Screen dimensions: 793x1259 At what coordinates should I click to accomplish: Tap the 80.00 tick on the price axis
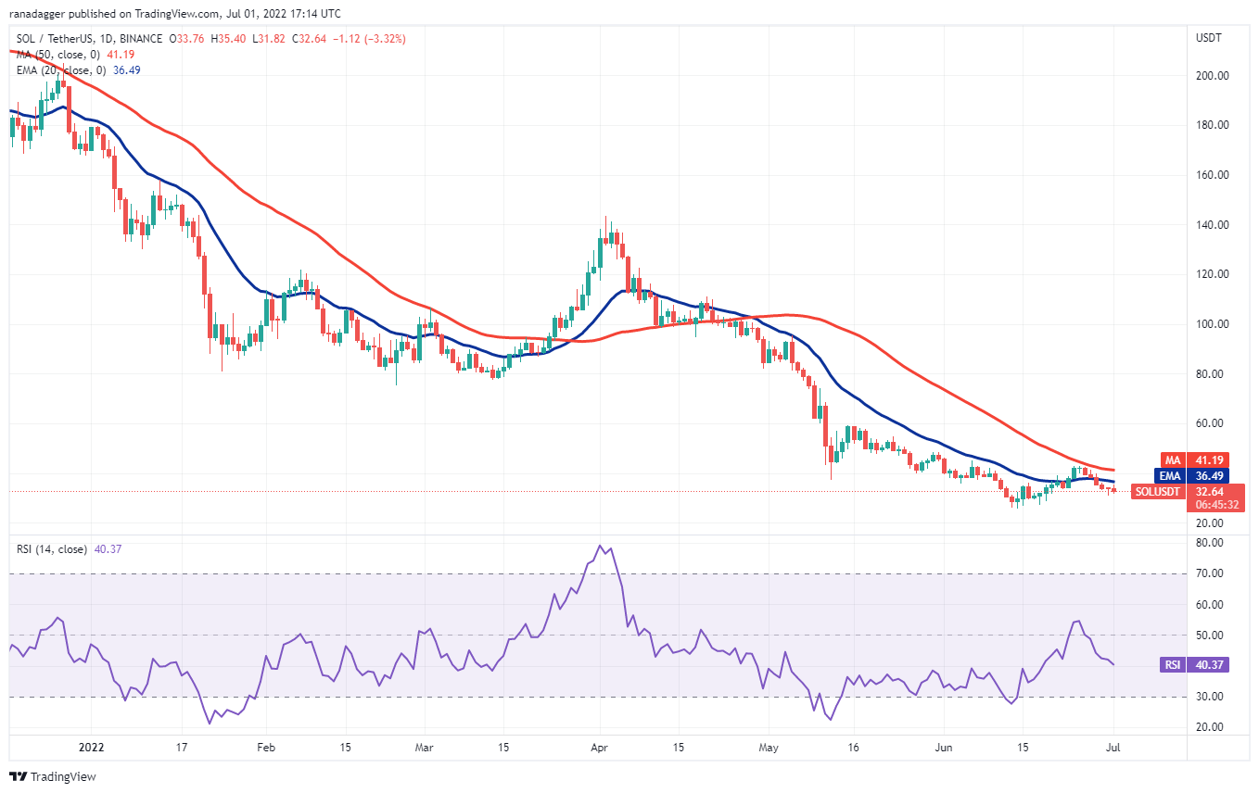(1210, 373)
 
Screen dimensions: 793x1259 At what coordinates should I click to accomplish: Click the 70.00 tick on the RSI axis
(1209, 573)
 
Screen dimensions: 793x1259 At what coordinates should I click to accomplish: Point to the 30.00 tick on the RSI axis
(1209, 697)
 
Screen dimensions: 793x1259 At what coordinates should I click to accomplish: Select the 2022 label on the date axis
(91, 746)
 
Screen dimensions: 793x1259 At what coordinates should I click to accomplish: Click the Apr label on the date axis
(600, 746)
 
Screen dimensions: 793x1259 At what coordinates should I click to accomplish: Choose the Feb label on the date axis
(266, 746)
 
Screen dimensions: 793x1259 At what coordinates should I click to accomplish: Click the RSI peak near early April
(601, 546)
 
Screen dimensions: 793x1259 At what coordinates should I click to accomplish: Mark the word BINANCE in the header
(140, 39)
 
